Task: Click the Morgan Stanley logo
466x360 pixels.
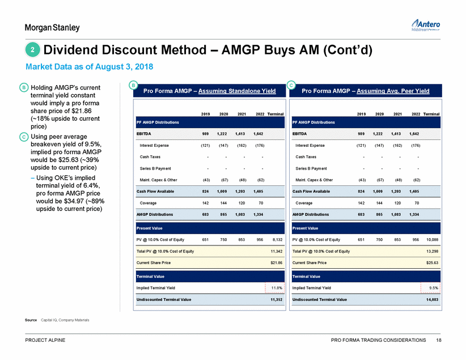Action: (x=52, y=28)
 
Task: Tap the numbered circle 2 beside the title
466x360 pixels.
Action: (x=32, y=50)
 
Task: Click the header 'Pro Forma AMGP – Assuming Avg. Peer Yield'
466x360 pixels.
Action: (x=366, y=91)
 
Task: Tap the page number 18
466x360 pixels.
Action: (x=439, y=340)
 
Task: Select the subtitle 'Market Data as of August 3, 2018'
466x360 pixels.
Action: (x=90, y=67)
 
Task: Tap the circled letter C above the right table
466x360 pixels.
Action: (x=291, y=85)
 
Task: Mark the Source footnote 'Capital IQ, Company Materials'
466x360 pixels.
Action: (x=65, y=320)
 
